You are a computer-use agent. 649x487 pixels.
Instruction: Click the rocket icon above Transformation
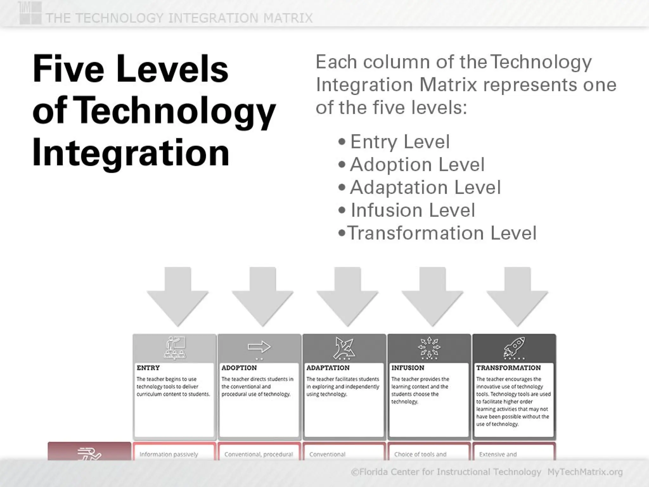[x=514, y=347]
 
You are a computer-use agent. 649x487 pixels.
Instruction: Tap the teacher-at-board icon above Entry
[x=175, y=347]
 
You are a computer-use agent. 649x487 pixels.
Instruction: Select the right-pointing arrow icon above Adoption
[x=259, y=347]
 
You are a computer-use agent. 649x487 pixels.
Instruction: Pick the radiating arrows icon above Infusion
[x=429, y=347]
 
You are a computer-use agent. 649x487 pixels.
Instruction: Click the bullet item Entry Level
[x=400, y=141]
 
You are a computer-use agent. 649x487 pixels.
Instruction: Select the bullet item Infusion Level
[x=413, y=210]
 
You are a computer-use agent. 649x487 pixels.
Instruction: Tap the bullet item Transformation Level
[x=442, y=233]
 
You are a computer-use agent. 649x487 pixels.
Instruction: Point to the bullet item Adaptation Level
[x=425, y=187]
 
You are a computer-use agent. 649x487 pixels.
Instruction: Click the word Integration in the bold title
[x=131, y=153]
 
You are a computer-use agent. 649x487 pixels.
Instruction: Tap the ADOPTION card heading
[x=239, y=368]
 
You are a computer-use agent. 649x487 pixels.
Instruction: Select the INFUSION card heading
[x=408, y=368]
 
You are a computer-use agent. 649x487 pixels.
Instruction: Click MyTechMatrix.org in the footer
[x=585, y=472]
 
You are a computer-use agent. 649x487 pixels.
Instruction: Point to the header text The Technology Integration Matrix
[x=179, y=18]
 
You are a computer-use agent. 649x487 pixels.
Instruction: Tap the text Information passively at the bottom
[x=169, y=454]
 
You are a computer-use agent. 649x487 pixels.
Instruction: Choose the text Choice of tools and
[x=420, y=454]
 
